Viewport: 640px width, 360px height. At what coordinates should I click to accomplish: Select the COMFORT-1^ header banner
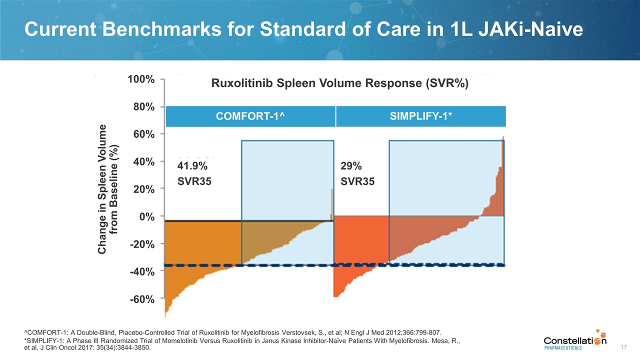click(x=250, y=116)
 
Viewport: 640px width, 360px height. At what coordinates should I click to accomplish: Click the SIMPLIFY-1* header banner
click(x=421, y=116)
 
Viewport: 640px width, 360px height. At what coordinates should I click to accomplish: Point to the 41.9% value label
click(x=192, y=166)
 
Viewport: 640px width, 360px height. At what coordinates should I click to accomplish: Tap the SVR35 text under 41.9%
click(x=194, y=182)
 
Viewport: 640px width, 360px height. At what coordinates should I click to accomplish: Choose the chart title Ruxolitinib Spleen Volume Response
click(x=340, y=84)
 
